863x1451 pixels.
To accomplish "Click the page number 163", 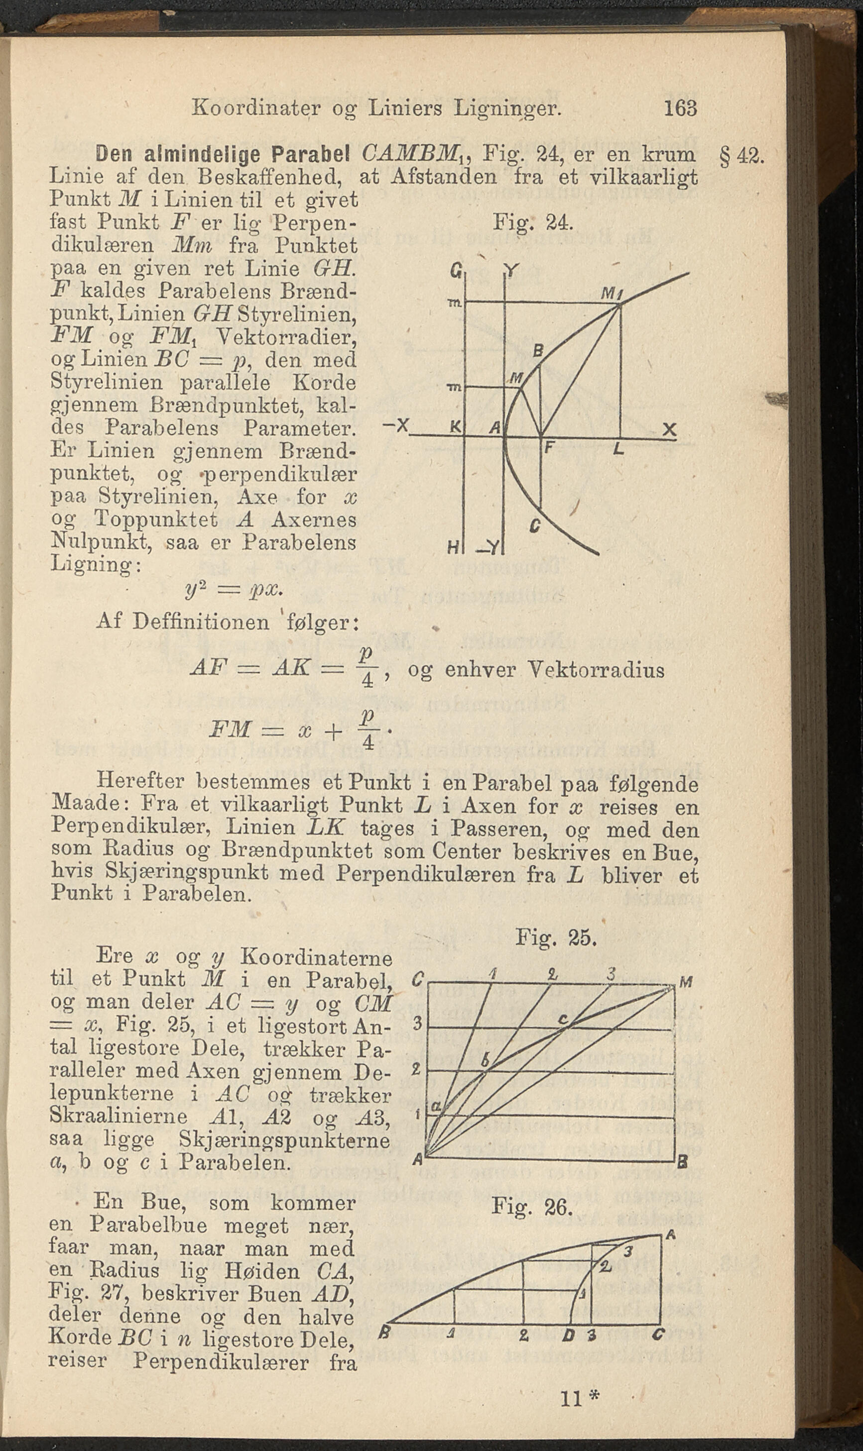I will pyautogui.click(x=680, y=108).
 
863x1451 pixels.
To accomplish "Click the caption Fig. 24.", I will pyautogui.click(x=533, y=222).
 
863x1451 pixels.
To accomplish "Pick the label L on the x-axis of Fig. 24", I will pyautogui.click(x=618, y=449).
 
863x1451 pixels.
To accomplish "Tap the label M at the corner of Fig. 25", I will pyautogui.click(x=686, y=983).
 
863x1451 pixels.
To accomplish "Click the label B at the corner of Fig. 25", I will pyautogui.click(x=683, y=1163).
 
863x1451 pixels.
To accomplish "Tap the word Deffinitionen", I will pyautogui.click(x=201, y=622).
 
